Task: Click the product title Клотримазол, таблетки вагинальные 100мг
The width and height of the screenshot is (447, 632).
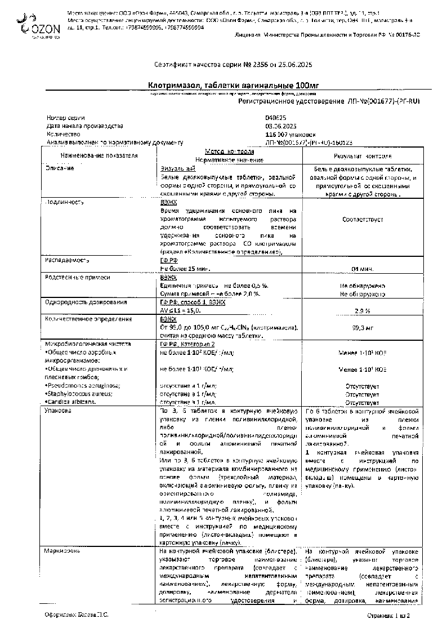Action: click(x=229, y=85)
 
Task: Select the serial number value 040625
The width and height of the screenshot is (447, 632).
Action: click(x=276, y=118)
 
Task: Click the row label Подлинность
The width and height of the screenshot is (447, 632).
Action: click(x=64, y=201)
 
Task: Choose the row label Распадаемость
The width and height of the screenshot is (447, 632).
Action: click(x=66, y=260)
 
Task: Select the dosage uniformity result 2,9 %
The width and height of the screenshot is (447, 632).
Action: click(x=362, y=310)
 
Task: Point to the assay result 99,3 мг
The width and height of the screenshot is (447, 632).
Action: click(x=362, y=327)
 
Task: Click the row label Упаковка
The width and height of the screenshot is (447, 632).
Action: click(x=58, y=411)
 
